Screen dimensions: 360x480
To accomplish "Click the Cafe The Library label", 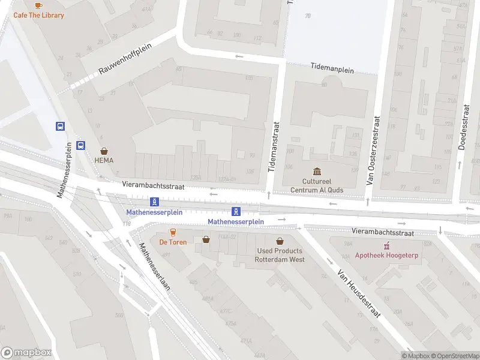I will (38, 15).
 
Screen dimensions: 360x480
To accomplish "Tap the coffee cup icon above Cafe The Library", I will (38, 5).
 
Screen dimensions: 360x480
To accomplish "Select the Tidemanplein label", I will (332, 69).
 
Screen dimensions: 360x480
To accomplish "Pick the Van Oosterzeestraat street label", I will (374, 149).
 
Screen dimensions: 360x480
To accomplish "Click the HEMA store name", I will (104, 161).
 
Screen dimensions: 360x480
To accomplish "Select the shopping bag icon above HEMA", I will (104, 151).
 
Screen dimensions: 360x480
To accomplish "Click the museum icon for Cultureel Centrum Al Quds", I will (317, 172).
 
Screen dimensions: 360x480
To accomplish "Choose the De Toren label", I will (173, 242).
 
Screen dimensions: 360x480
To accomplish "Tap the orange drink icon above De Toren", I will (173, 232).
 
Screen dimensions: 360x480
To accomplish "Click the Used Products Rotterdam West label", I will (280, 255).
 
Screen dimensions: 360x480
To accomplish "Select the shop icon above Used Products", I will (280, 241).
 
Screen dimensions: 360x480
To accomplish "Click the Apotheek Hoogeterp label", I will (386, 256).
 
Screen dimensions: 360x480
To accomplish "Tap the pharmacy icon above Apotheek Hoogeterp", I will (386, 245).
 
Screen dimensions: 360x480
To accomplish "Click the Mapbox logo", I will (26, 353).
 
